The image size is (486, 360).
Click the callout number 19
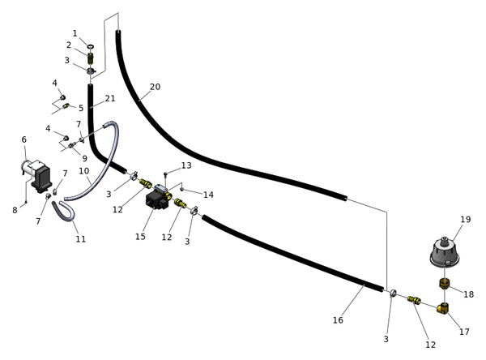(x=465, y=220)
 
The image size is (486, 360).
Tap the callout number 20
(x=155, y=87)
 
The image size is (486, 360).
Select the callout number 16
(x=338, y=320)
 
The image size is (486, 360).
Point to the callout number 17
(x=464, y=332)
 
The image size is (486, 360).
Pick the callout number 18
(x=468, y=294)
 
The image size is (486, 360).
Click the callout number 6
(x=23, y=139)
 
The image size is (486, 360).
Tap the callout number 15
(x=140, y=237)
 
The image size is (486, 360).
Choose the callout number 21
(x=110, y=99)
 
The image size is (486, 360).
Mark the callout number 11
(x=81, y=239)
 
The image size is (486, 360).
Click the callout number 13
(x=186, y=165)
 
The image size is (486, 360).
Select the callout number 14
(x=208, y=195)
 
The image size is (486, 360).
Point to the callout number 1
(x=75, y=33)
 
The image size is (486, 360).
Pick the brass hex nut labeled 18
(x=445, y=284)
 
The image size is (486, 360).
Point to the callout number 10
(x=83, y=171)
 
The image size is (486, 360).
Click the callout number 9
(x=84, y=158)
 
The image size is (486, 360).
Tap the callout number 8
(x=15, y=211)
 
